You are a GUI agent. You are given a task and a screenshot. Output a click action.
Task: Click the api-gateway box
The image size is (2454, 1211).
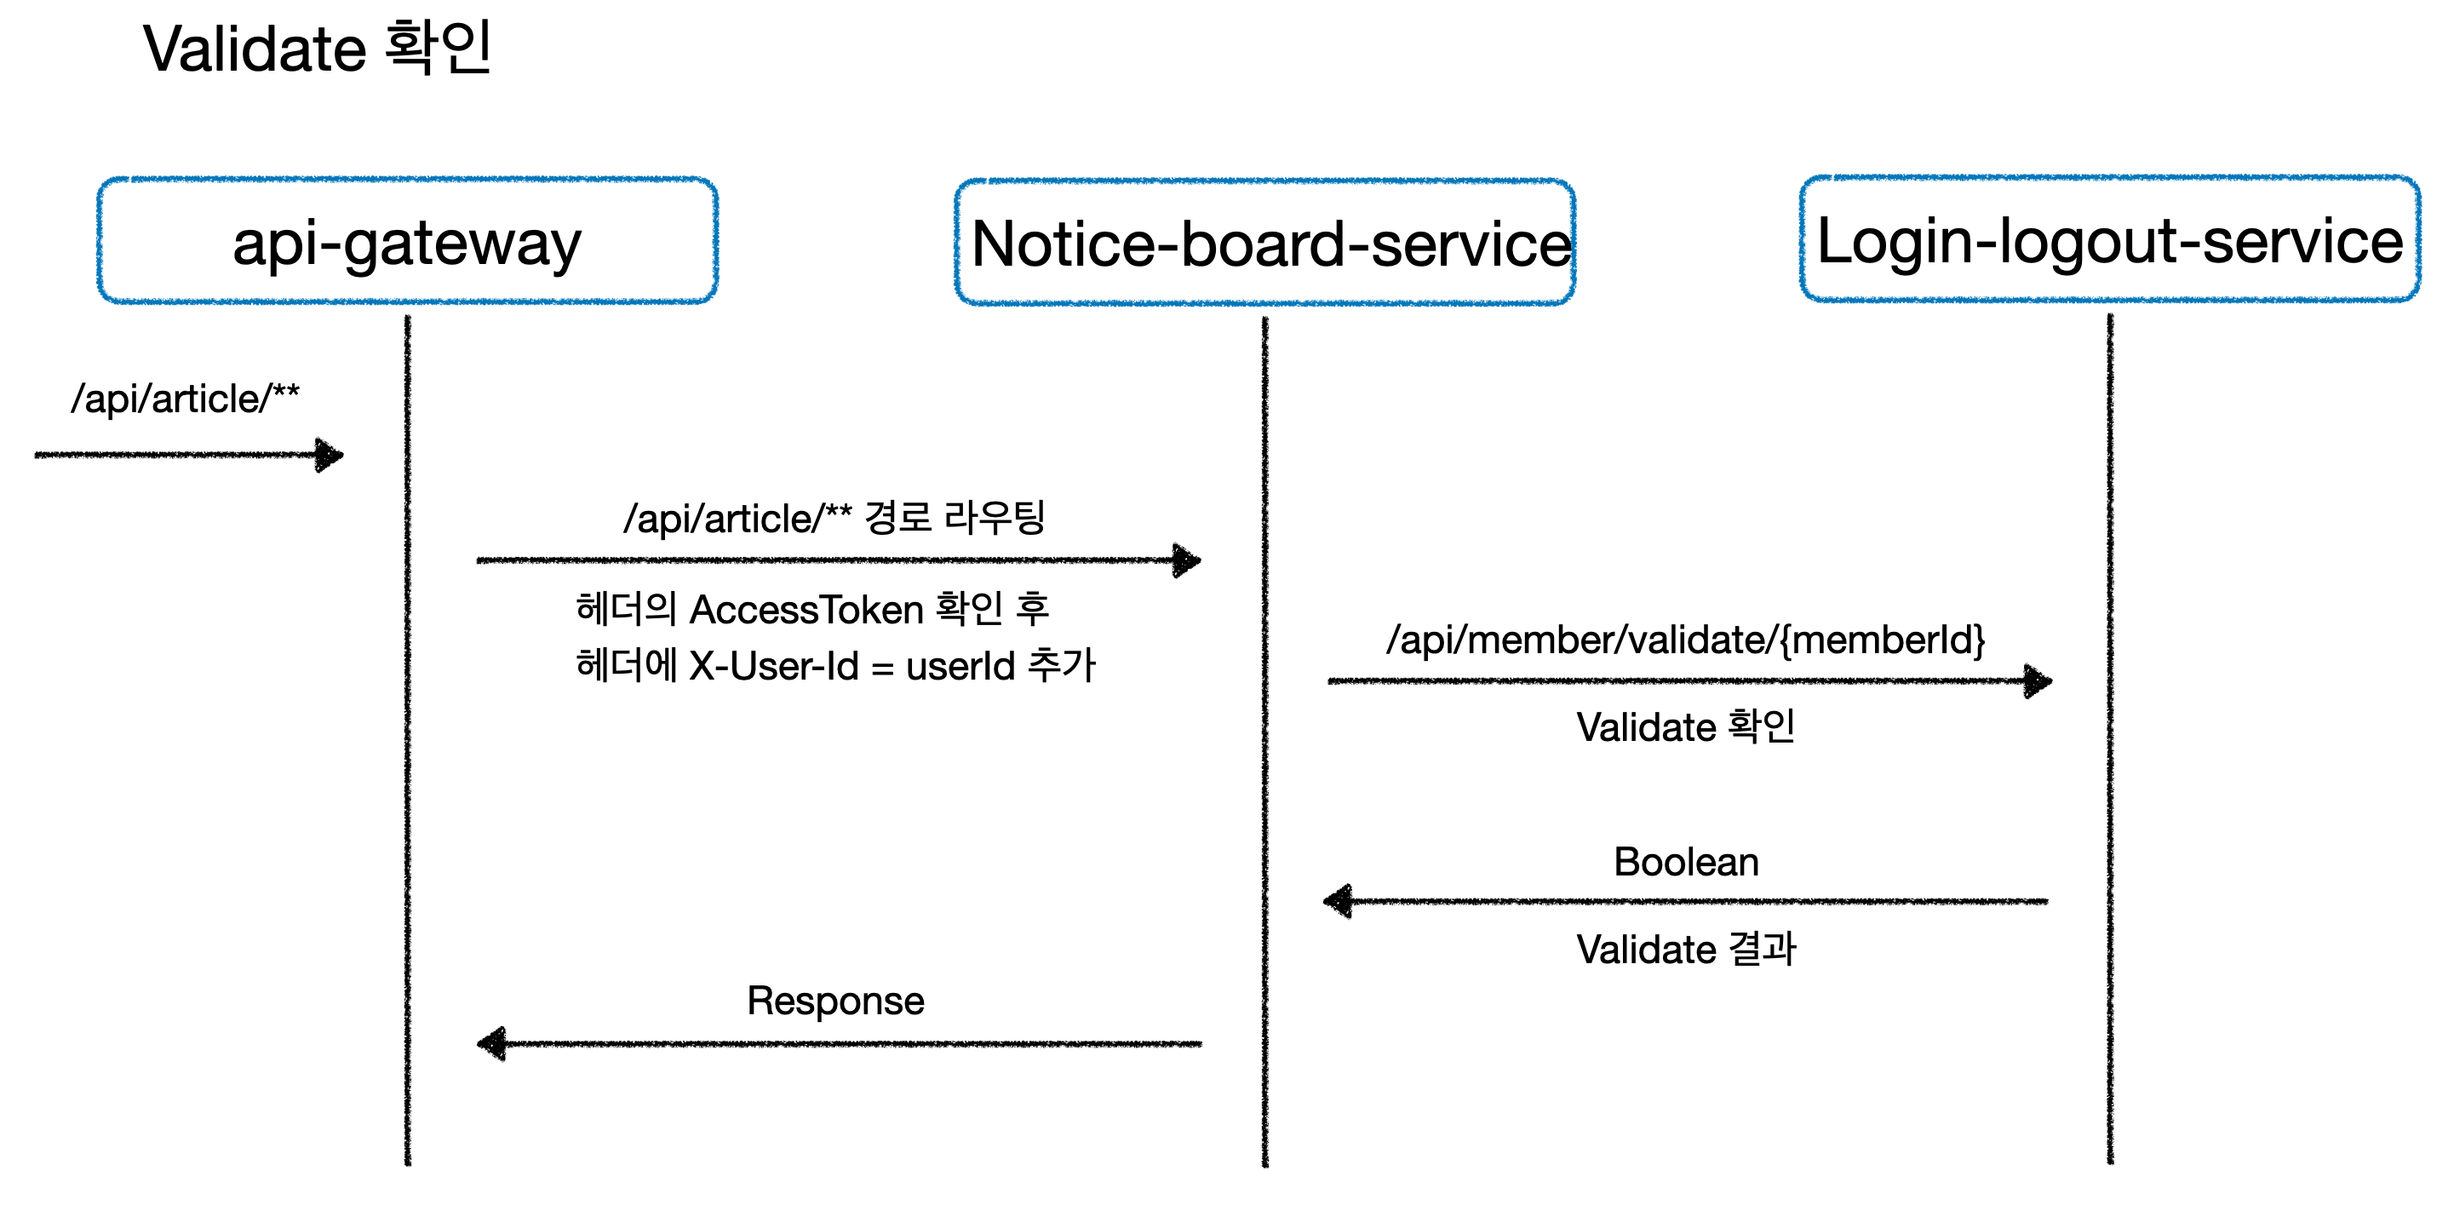pos(407,241)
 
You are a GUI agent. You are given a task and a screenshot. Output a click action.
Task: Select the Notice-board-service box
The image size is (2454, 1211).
pos(1264,243)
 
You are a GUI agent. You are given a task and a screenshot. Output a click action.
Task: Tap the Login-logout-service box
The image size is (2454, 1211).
pos(2109,239)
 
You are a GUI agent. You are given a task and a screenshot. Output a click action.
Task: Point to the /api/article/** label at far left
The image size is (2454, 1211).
pos(185,399)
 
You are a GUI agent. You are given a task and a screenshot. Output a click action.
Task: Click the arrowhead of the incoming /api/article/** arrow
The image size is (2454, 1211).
pos(330,455)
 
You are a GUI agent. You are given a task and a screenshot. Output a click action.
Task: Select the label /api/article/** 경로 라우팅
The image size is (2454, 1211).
pos(834,519)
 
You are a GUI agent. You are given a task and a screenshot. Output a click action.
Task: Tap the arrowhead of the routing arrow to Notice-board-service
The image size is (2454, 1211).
pos(1187,560)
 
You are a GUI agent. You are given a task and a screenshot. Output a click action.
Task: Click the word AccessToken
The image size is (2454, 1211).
pos(806,610)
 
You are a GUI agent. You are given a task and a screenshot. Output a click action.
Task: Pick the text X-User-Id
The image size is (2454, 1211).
pos(773,666)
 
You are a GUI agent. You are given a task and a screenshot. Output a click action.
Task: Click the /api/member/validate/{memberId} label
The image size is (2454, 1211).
pos(1685,640)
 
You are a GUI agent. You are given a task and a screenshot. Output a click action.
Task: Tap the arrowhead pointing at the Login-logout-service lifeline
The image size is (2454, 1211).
pos(2038,681)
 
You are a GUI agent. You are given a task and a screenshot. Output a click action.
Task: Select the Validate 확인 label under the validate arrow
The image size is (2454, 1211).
pos(1685,727)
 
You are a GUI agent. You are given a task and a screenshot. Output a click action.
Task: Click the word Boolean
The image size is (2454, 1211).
pos(1685,863)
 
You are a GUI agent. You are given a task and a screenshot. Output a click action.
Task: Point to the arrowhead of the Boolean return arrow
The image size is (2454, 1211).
pos(1339,900)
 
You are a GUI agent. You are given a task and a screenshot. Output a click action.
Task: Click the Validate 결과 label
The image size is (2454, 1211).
pos(1685,949)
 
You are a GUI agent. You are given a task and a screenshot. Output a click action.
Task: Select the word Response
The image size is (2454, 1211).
pos(834,1001)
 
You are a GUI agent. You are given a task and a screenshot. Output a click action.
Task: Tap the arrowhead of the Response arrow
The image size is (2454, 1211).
pos(491,1043)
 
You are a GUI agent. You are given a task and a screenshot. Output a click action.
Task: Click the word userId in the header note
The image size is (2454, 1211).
pos(960,666)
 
